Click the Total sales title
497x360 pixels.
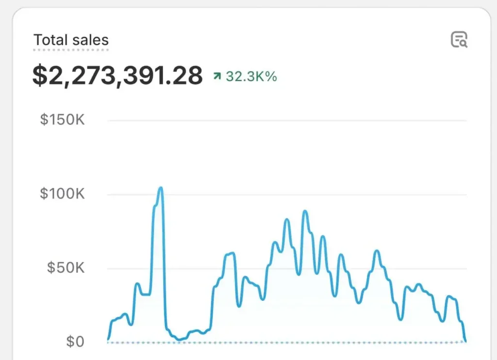71,40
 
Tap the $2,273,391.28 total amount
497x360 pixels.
117,76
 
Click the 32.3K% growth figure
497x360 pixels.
251,76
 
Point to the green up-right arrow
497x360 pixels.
217,76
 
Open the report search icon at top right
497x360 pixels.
459,40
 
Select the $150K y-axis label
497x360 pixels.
62,120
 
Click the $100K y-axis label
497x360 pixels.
62,195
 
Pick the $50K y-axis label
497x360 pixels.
66,268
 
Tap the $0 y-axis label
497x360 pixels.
75,342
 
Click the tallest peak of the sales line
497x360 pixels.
160,188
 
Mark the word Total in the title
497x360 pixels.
50,40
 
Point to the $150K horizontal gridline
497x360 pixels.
286,120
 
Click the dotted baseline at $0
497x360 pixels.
286,343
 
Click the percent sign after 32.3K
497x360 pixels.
272,76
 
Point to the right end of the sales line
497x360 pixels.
465,341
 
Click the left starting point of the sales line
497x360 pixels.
108,339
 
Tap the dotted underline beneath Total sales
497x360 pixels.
71,49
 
